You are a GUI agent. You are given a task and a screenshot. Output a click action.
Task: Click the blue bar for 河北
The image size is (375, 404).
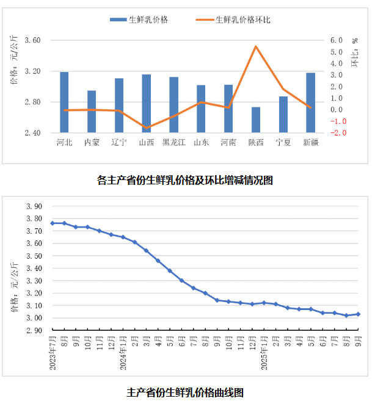pyautogui.click(x=64, y=102)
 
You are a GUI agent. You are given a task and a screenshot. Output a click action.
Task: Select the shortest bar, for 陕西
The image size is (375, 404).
pyautogui.click(x=256, y=120)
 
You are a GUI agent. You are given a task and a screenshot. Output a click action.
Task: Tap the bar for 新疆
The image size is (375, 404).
pyautogui.click(x=310, y=103)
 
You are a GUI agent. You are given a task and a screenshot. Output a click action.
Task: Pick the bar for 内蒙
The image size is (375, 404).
pyautogui.click(x=92, y=111)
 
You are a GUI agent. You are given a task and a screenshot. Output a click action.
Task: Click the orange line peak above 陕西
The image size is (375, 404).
pyautogui.click(x=256, y=46)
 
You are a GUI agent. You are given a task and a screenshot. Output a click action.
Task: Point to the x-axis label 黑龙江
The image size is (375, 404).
pyautogui.click(x=174, y=143)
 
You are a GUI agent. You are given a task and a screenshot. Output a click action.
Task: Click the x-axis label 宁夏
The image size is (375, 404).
pyautogui.click(x=283, y=143)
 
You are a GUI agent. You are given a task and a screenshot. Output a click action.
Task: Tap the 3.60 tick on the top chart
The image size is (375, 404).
pyautogui.click(x=32, y=40)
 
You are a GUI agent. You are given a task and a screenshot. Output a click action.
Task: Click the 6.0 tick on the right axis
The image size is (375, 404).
pyautogui.click(x=337, y=40)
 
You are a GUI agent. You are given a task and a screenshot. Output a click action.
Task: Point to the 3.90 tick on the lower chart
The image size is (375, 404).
pyautogui.click(x=34, y=206)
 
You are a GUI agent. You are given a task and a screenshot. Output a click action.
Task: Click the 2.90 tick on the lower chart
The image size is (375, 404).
pyautogui.click(x=34, y=330)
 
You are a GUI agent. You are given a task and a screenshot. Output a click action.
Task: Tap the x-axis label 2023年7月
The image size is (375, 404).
pyautogui.click(x=53, y=350)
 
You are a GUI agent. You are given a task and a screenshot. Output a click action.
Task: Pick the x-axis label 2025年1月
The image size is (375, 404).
pyautogui.click(x=264, y=350)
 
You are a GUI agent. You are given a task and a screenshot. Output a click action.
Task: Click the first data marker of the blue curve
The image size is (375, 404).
pyautogui.click(x=53, y=223)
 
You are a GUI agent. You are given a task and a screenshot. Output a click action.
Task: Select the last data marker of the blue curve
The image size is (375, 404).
pyautogui.click(x=358, y=314)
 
